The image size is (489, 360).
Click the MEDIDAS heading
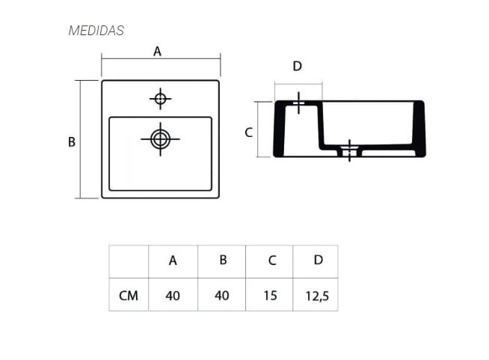[x=96, y=31]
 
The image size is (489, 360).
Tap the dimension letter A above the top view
[x=157, y=51]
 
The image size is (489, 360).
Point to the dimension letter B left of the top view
[x=72, y=141]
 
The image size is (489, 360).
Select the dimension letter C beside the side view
[x=249, y=132]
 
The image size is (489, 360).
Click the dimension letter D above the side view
[x=297, y=66]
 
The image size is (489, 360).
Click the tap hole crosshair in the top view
[x=160, y=99]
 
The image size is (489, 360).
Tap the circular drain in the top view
[x=160, y=138]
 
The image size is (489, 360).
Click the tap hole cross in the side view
[x=298, y=103]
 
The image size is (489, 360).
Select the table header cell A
[x=173, y=260]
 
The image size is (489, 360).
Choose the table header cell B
[x=222, y=260]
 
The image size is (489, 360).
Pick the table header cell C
[x=271, y=260]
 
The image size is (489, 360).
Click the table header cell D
[x=319, y=260]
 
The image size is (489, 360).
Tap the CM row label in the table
[x=129, y=296]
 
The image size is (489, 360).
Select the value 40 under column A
[x=173, y=296]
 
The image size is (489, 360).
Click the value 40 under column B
[x=222, y=296]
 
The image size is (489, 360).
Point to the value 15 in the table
[x=271, y=296]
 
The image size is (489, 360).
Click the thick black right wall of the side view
[x=419, y=129]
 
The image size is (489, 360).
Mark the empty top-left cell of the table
[x=129, y=261]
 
